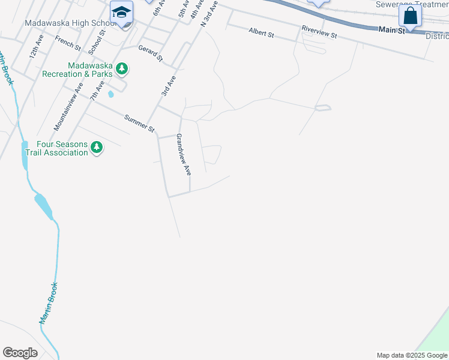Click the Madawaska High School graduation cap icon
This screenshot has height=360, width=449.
121,12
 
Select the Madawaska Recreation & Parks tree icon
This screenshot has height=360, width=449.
122,68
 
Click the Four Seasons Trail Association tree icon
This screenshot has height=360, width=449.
96,147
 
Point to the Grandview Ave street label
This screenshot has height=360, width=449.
183,154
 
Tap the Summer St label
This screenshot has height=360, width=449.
140,124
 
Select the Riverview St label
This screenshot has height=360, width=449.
319,32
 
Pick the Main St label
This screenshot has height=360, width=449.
392,30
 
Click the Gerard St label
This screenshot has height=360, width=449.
151,53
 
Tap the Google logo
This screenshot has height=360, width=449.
20,353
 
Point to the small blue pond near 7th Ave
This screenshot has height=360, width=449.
110,94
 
